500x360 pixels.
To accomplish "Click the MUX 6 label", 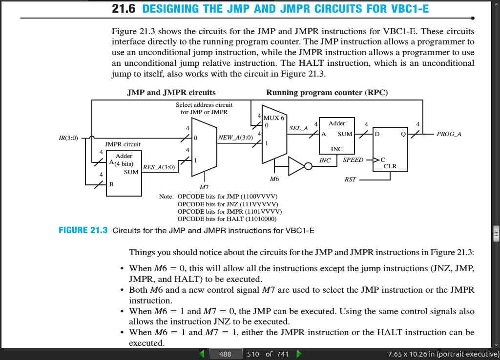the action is coord(273,118).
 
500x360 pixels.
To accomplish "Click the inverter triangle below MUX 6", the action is coord(296,166).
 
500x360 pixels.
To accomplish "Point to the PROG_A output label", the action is coord(449,134).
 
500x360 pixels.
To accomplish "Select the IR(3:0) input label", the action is coord(68,138).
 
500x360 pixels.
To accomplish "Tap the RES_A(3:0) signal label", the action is coord(159,167).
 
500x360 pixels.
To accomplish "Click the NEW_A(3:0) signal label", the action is coord(235,138).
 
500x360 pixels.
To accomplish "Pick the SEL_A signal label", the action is coord(298,128).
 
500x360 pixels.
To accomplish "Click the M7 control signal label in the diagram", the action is coord(204,187).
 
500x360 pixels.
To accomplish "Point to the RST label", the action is coord(350,180).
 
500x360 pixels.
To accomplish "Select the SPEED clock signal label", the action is coord(353,160).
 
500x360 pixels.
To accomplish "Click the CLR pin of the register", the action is coord(390,166).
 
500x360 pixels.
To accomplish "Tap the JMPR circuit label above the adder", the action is coord(123,144).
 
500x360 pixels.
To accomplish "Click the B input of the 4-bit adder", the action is coord(111,184).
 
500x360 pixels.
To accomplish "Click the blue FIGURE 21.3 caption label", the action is coord(83,230).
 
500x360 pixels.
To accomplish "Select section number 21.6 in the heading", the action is coord(124,9).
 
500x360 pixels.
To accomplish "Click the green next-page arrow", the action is coord(299,354).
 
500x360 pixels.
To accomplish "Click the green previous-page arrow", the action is coord(202,354).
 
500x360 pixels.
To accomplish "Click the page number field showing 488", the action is coord(225,354).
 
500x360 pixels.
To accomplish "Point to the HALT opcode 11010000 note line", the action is coord(227,219).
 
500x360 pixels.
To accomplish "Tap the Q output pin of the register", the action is coord(403,134).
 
